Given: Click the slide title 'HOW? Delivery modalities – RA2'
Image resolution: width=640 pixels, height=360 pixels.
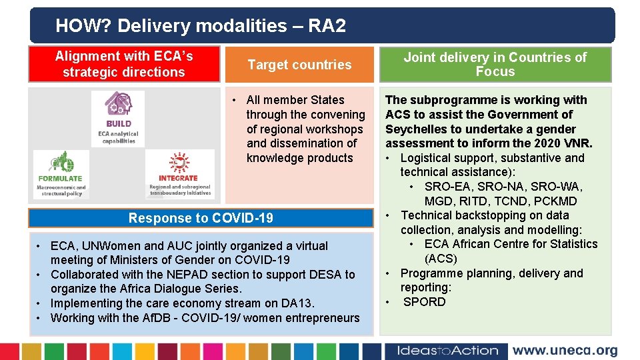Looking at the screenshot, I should (x=201, y=26).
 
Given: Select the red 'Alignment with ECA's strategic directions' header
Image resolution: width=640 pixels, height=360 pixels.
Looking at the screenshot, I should (x=124, y=64).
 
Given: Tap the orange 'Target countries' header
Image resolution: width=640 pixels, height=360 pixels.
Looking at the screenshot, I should (x=299, y=65).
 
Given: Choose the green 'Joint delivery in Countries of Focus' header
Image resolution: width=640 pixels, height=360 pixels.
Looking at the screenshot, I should (x=495, y=65).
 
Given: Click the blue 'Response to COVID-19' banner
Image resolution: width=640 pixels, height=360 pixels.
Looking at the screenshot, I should (x=201, y=218).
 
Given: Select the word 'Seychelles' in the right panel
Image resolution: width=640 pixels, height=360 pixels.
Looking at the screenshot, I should (x=415, y=129).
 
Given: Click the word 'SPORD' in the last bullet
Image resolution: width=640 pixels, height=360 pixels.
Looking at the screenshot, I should (x=425, y=302).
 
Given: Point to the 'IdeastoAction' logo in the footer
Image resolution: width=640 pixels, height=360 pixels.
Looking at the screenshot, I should (x=447, y=351).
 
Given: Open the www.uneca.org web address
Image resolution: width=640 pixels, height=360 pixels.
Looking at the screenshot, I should (x=565, y=351).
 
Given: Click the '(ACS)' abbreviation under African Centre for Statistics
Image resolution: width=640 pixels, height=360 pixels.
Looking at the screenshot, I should (x=441, y=259).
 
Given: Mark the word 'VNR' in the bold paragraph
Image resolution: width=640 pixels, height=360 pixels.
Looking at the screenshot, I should (x=577, y=143).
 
